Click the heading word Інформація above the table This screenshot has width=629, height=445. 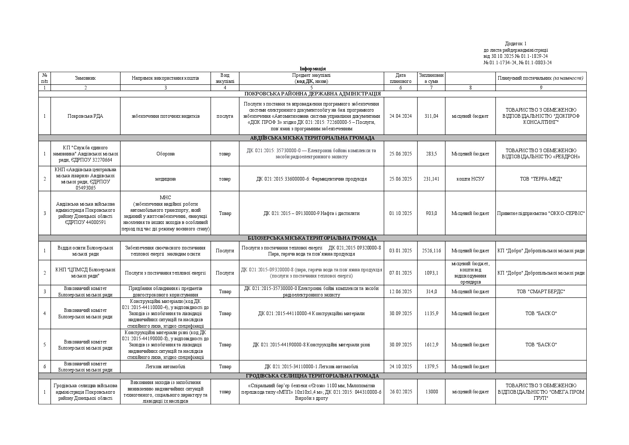[313, 69]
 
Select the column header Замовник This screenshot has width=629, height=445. [85, 78]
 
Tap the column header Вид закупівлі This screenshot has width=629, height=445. [225, 78]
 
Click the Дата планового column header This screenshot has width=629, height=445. [400, 78]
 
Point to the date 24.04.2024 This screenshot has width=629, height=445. [400, 116]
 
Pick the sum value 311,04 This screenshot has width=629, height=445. [431, 116]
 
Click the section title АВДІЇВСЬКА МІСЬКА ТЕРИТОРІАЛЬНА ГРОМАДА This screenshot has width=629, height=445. [312, 138]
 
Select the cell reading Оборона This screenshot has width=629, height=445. [165, 154]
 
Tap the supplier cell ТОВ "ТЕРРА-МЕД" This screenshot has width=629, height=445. [541, 179]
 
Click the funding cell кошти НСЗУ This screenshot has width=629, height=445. [470, 179]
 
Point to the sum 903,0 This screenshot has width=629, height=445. [431, 213]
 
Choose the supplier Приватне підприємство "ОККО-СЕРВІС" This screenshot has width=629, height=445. [541, 213]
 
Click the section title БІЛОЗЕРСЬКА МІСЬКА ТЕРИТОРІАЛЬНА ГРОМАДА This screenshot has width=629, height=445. [312, 238]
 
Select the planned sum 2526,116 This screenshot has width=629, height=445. [431, 250]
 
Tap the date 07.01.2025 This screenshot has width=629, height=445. [400, 273]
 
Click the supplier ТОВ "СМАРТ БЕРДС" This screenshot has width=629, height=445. [541, 291]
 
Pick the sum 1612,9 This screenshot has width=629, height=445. [431, 345]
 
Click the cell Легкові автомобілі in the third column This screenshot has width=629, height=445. [165, 366]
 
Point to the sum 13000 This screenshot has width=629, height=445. [431, 392]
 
